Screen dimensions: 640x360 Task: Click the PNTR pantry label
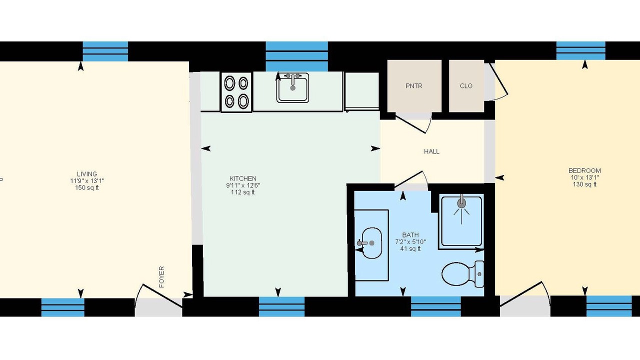(413, 86)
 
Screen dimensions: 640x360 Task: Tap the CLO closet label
(466, 86)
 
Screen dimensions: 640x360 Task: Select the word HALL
(431, 151)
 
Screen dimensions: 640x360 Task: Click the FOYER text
(161, 277)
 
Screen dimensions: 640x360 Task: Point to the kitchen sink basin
(292, 87)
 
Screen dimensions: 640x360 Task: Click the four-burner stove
(236, 92)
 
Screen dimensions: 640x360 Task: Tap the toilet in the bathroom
(463, 274)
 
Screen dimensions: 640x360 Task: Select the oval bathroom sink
(371, 243)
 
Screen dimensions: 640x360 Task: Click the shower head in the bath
(461, 203)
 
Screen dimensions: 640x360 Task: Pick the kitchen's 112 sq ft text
(243, 192)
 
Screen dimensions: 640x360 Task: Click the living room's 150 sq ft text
(87, 187)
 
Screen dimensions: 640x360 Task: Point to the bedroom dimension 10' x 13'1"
(584, 177)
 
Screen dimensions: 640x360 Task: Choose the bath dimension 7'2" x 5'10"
(410, 242)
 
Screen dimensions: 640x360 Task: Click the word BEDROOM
(584, 170)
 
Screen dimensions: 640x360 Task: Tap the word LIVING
(87, 174)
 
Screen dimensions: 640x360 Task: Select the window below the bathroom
(435, 306)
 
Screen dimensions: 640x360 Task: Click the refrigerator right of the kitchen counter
(362, 91)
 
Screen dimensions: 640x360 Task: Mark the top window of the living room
(105, 51)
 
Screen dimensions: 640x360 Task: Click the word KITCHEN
(243, 178)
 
